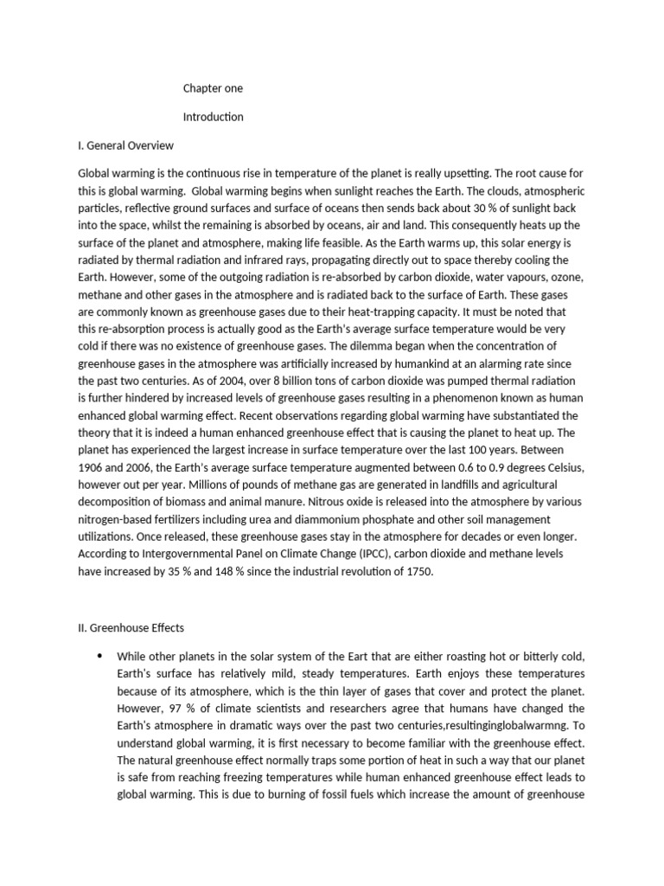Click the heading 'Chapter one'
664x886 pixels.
(214, 88)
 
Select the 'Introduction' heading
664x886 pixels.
(214, 116)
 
